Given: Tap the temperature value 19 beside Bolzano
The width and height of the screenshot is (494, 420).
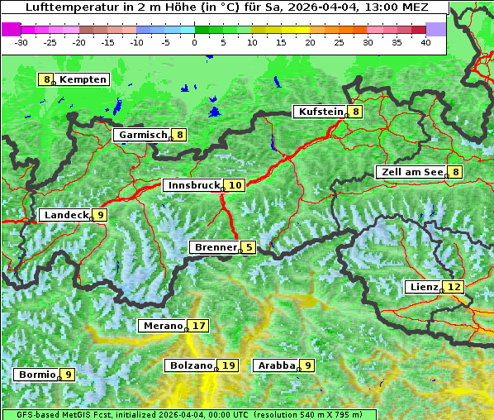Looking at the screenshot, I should point(229,365).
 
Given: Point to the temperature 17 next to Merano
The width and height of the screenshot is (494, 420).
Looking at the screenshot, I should point(199,326).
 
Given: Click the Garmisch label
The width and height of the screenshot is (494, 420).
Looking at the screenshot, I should point(143,135).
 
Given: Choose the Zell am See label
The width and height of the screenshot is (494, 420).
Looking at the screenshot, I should point(411,172).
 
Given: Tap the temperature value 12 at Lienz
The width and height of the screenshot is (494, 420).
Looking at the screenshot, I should point(454,287).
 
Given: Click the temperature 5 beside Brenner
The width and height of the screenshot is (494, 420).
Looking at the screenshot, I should point(249,247).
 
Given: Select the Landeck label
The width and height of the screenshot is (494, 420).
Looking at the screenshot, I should point(66,215).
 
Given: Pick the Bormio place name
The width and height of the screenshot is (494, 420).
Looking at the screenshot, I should point(37,375).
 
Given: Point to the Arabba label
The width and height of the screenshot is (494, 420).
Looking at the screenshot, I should point(277,365).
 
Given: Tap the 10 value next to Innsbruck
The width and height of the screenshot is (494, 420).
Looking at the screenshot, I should point(235,185).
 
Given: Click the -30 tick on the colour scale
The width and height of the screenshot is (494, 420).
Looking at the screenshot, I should point(21,41).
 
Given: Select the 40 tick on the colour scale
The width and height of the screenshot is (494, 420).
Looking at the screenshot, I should point(426,41).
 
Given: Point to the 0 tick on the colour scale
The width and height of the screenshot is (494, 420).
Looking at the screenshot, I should point(195,41).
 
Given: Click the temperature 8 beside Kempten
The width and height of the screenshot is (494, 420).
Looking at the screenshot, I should point(47,79).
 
